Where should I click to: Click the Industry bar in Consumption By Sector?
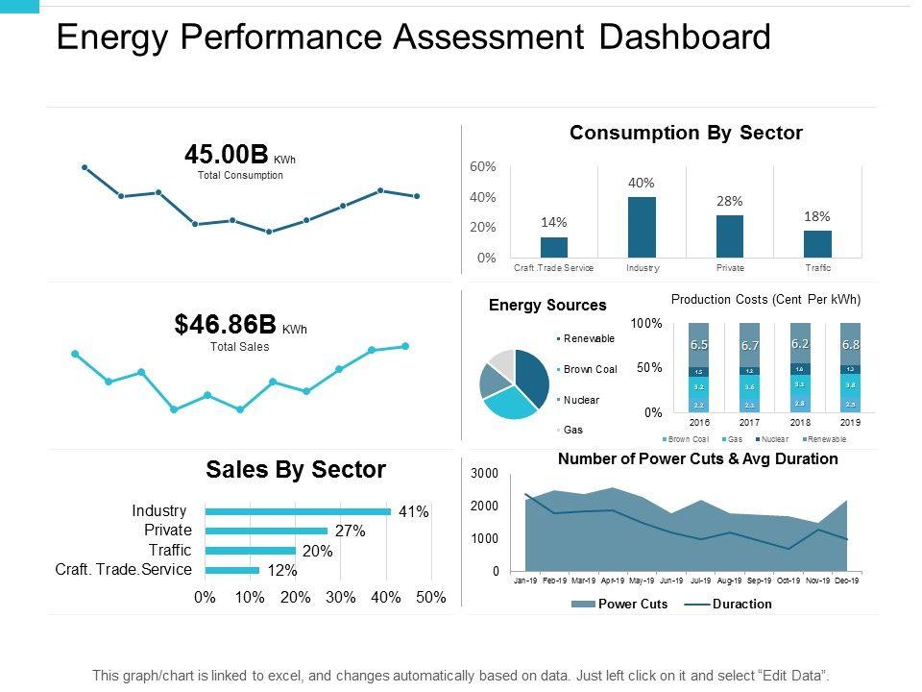point(642,227)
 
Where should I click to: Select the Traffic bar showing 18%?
point(817,243)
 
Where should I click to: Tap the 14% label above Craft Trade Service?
point(553,222)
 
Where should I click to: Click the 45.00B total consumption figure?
point(227,155)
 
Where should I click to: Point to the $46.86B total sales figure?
point(226,325)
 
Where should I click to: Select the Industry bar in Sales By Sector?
point(298,511)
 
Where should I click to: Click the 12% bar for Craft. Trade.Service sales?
point(232,570)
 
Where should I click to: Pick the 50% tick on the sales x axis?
point(431,597)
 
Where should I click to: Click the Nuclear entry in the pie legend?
point(581,400)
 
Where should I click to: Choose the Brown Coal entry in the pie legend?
point(590,369)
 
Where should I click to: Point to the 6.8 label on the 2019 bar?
point(851,344)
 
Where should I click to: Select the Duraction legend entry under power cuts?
point(741,605)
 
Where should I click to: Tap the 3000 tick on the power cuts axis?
point(484,474)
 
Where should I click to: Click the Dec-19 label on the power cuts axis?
point(846,581)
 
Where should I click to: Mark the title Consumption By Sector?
point(686,134)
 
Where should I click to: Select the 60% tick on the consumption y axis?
point(483,166)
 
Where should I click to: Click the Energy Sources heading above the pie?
point(547,306)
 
